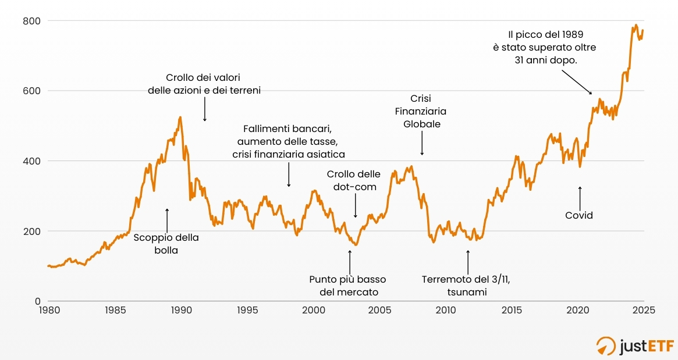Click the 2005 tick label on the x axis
(x=380, y=311)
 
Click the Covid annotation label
(x=579, y=215)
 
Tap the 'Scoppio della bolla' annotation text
(x=166, y=244)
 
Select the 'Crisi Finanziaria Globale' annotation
(x=421, y=111)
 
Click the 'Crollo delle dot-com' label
(x=354, y=180)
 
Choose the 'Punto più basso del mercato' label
(x=348, y=286)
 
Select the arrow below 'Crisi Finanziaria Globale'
(x=422, y=144)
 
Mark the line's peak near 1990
(x=180, y=117)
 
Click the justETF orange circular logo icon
(x=606, y=344)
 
